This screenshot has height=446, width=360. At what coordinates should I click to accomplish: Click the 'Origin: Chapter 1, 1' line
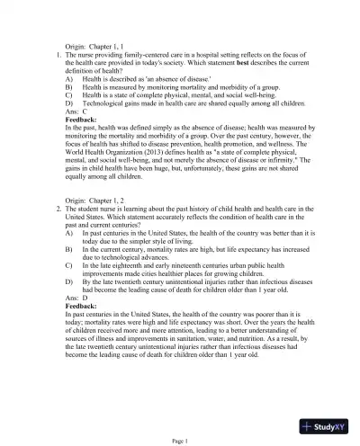[96, 45]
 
